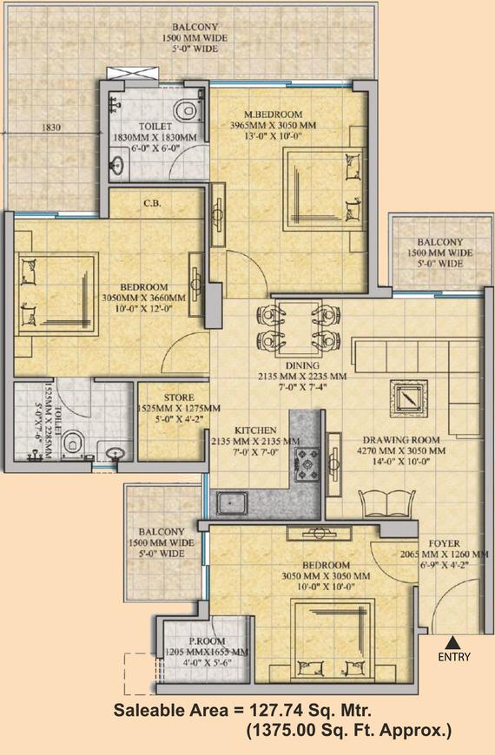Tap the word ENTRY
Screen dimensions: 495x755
[454, 657]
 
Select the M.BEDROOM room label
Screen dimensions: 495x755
[274, 115]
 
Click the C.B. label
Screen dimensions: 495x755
[152, 203]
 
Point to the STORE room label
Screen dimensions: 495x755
[179, 397]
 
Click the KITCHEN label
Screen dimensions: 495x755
[255, 430]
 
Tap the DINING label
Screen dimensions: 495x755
[302, 365]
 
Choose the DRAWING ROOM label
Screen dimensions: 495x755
[401, 440]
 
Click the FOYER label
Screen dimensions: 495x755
[444, 543]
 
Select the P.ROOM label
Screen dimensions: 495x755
[207, 641]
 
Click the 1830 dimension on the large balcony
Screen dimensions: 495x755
[51, 128]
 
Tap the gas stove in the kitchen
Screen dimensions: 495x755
[307, 464]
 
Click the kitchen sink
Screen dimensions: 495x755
[232, 503]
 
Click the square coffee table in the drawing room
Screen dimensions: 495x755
[409, 398]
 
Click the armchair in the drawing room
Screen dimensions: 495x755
[387, 504]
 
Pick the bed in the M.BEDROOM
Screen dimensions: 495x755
[323, 189]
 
